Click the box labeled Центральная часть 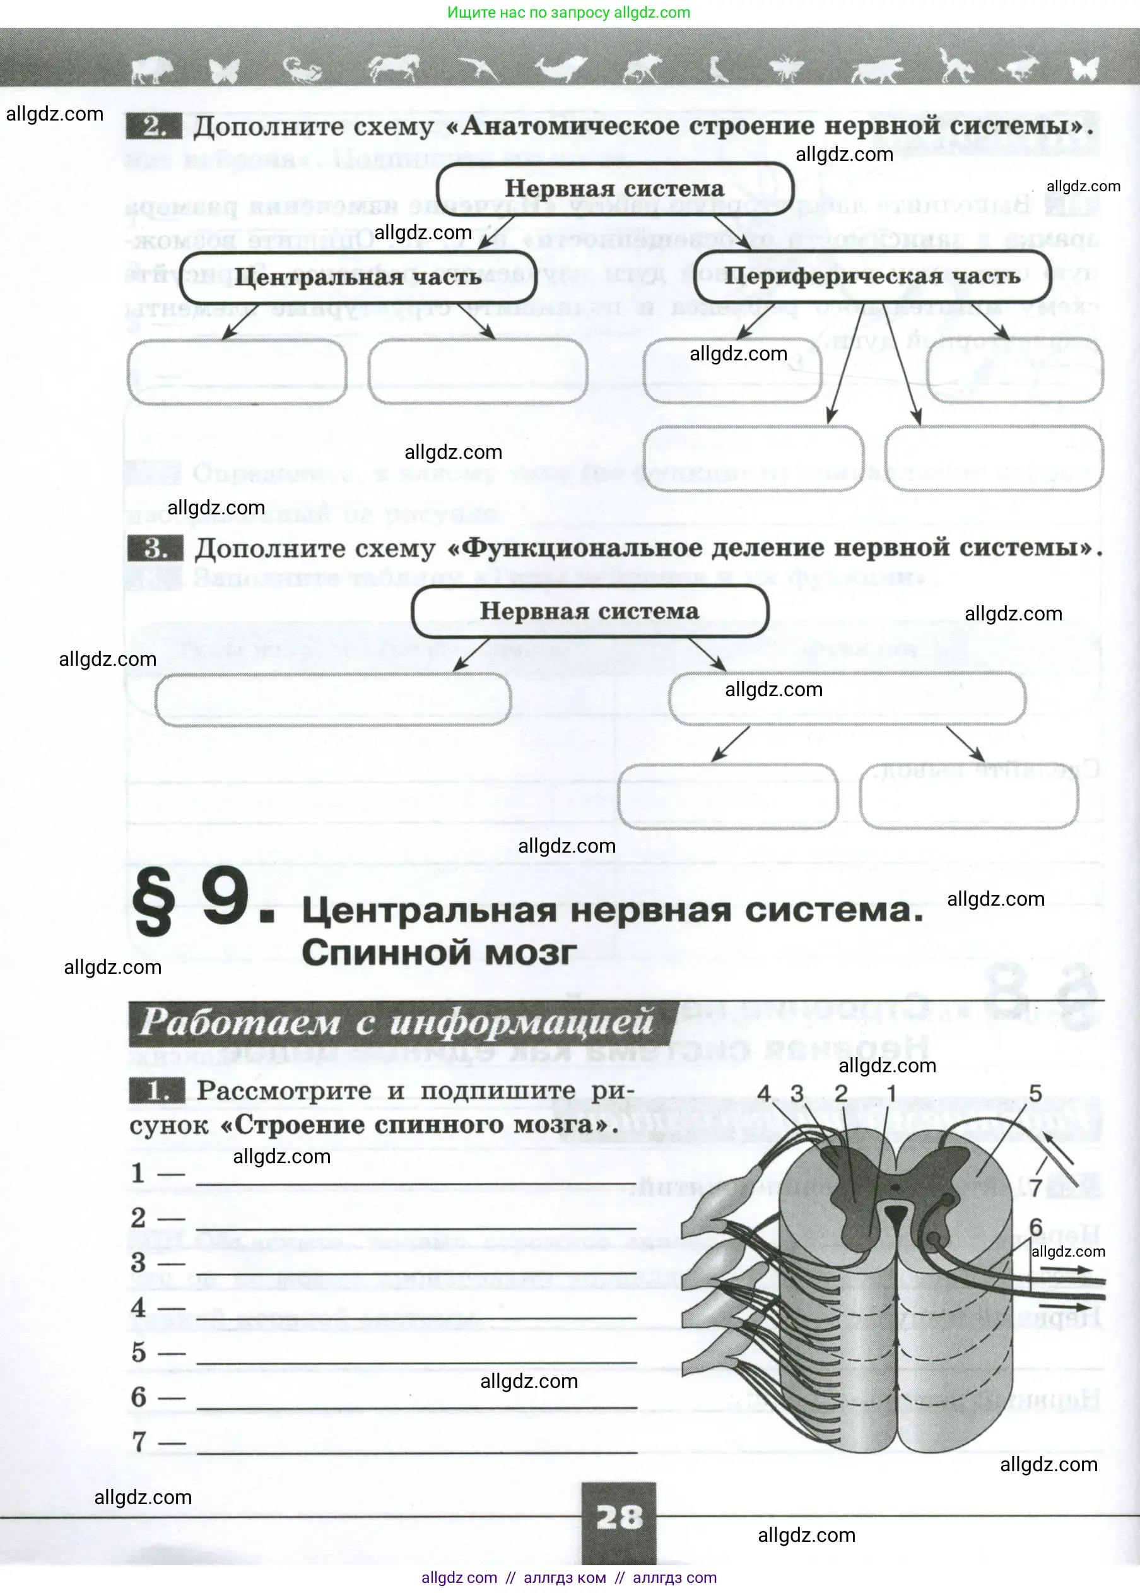[358, 276]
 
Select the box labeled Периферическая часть [872, 276]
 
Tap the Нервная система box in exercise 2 [614, 188]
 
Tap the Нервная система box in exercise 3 [590, 611]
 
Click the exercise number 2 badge [154, 126]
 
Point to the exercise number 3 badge [155, 548]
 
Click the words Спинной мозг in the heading [440, 953]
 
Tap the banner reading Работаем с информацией [397, 1022]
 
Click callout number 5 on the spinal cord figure [1035, 1093]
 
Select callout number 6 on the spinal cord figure [1035, 1226]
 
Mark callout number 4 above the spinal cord [764, 1094]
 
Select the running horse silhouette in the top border [394, 68]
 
